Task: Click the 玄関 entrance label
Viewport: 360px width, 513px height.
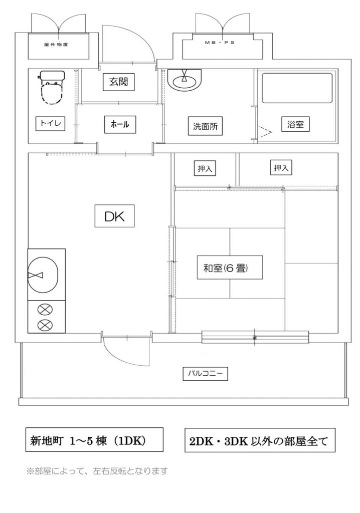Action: [x=119, y=82]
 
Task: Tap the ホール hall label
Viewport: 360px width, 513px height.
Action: [x=119, y=124]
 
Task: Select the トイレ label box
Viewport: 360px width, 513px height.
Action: [x=51, y=124]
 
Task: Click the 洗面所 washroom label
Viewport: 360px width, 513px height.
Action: [x=206, y=126]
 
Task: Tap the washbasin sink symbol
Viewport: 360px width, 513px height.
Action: [x=185, y=80]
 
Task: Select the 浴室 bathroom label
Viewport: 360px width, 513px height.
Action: [x=295, y=124]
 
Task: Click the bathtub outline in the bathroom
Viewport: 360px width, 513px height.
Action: [x=297, y=88]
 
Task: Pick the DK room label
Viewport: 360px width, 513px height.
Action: [x=114, y=216]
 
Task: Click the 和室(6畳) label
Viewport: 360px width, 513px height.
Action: [x=230, y=268]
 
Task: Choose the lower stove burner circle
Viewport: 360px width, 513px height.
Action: [x=46, y=325]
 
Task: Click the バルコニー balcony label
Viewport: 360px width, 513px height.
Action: [x=205, y=373]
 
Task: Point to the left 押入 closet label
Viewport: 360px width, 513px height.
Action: [x=205, y=168]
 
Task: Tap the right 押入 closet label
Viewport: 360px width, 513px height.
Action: [x=281, y=167]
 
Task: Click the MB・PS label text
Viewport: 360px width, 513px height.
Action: [x=220, y=43]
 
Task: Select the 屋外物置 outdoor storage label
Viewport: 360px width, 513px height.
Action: [x=56, y=45]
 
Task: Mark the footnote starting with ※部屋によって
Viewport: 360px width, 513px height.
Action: [x=97, y=471]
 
